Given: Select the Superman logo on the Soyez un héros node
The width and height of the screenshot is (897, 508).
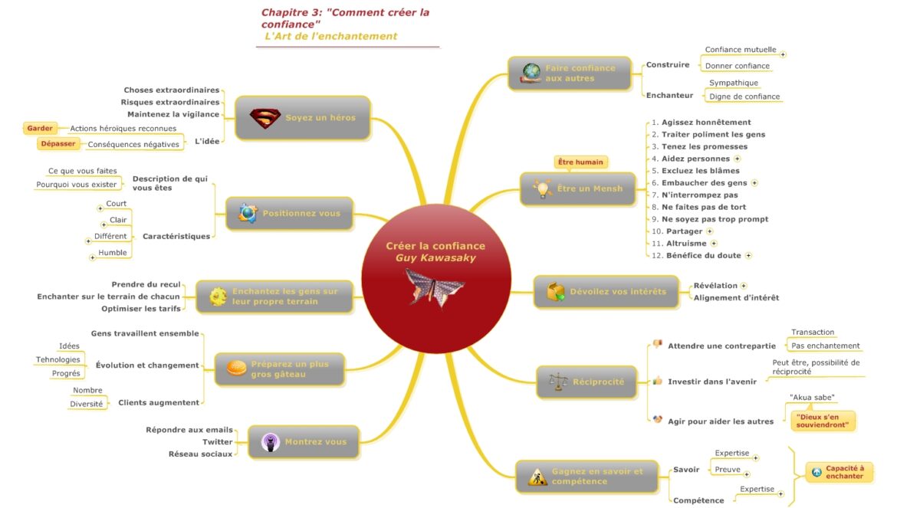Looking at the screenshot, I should click(x=265, y=118).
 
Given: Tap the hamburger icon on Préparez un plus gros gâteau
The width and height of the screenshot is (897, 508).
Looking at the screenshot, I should click(x=236, y=369).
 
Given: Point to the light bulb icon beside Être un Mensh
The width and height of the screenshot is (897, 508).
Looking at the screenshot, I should click(x=542, y=188).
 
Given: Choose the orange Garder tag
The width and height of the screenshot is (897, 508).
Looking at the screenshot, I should click(x=40, y=129).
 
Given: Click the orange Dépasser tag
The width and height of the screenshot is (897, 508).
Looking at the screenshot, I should click(x=58, y=143).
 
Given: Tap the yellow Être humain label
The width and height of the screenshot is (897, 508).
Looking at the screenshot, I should click(x=580, y=162).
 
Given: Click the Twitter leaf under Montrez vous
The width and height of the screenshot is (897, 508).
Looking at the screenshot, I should click(x=217, y=442).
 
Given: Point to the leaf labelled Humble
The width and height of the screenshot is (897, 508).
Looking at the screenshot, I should click(x=113, y=253).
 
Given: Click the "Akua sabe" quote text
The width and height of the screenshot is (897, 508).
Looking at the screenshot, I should click(x=812, y=398).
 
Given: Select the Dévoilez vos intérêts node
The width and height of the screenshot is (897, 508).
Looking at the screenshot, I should click(x=606, y=292).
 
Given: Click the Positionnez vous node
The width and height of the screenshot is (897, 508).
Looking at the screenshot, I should click(x=289, y=213).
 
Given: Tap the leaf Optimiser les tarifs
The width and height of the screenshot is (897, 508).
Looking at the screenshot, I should click(x=141, y=309).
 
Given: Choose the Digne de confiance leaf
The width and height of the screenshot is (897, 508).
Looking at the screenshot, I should click(x=744, y=97).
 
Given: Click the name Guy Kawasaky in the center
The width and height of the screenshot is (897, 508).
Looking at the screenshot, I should click(x=435, y=258).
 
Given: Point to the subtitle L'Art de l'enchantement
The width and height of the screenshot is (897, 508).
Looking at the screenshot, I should click(x=331, y=36).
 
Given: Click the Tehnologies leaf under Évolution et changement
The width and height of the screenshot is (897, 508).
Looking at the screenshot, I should click(x=58, y=360).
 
